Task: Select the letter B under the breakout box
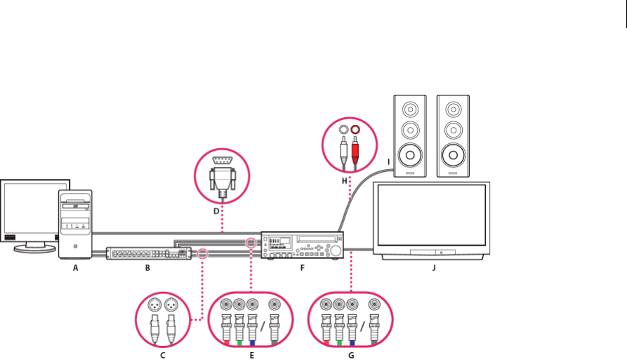point(147,267)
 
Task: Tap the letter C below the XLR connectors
point(162,355)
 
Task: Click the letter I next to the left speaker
point(388,162)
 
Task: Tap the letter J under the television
point(434,267)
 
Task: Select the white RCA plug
point(343,148)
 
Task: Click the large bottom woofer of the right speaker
point(452,154)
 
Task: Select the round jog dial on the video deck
point(336,251)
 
